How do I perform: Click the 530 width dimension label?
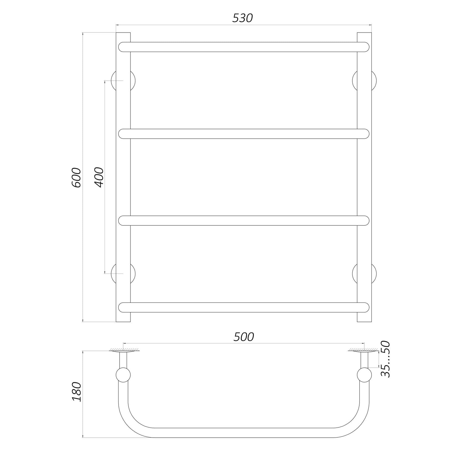coord(242,18)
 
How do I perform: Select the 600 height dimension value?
coord(77,178)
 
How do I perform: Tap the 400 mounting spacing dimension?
coord(99,177)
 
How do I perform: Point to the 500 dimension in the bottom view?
coord(244,337)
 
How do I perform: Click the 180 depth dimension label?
coord(77,392)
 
